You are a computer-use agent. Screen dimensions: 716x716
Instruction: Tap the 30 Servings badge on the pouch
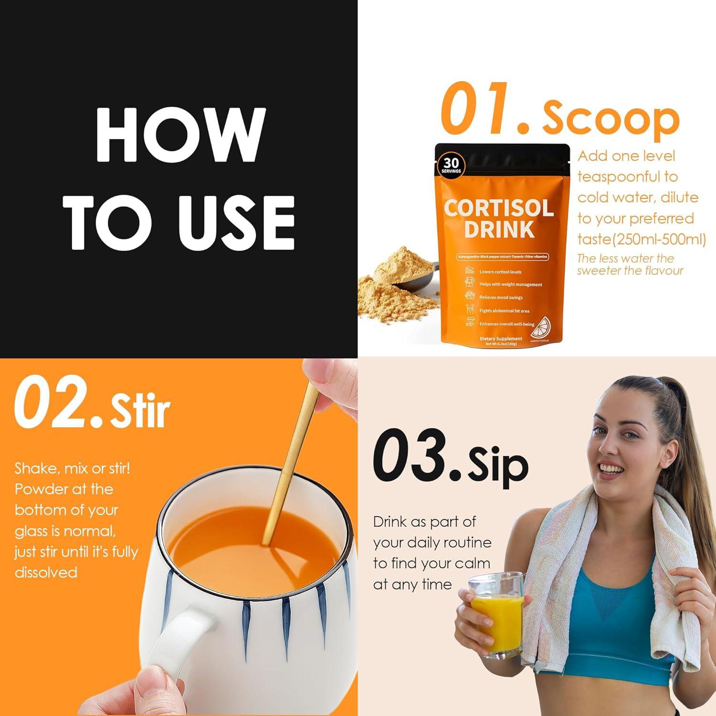click(451, 166)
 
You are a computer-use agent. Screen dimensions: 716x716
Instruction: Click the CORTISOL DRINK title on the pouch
click(499, 219)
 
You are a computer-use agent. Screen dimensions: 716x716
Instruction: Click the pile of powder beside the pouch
click(391, 286)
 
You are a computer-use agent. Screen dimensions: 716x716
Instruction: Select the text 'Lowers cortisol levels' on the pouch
click(500, 272)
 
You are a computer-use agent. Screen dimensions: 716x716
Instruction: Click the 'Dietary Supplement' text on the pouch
click(501, 338)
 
